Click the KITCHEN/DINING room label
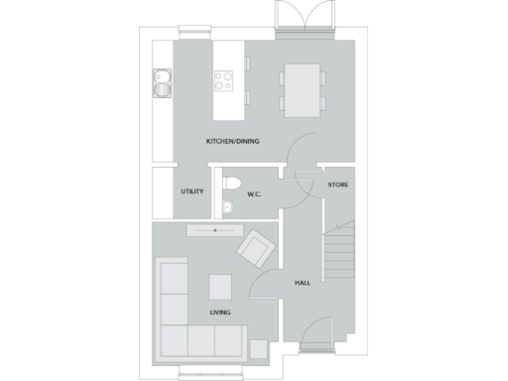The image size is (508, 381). tap(233, 141)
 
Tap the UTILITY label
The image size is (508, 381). tap(192, 191)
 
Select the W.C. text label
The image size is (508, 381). tap(254, 193)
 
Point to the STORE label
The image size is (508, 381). tap(338, 185)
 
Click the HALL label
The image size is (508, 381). tap(303, 283)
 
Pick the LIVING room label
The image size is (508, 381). tap(220, 313)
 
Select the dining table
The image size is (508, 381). tap(303, 85)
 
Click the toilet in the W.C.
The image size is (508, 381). tap(232, 185)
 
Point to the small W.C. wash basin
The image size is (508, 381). tap(227, 207)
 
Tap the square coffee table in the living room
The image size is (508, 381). tap(221, 286)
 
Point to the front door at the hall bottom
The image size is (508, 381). tap(317, 342)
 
